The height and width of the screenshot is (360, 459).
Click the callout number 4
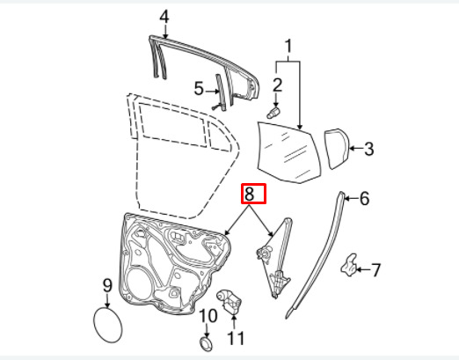coord(164,17)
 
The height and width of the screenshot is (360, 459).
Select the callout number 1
coord(288,46)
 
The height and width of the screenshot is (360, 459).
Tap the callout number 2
coord(277,85)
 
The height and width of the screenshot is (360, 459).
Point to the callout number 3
coord(368,149)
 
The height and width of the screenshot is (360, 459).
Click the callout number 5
coord(199,89)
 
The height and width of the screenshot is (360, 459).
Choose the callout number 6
coord(364,199)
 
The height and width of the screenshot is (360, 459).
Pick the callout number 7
coord(375,269)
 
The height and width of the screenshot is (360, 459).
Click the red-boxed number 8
coord(249,194)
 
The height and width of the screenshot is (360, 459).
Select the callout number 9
coord(107,285)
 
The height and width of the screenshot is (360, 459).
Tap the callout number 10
coord(208,316)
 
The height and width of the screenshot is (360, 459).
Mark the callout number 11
coord(236,338)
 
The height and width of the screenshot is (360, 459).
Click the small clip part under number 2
coord(273,113)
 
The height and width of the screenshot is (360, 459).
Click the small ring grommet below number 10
coord(207,344)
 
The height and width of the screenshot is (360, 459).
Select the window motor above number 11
coord(229,302)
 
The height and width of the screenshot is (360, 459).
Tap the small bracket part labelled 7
coord(349,266)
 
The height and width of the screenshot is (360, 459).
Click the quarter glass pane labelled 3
coord(336,149)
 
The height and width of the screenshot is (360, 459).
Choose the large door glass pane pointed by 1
coord(288,152)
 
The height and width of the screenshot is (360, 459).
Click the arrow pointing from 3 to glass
coord(356,148)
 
